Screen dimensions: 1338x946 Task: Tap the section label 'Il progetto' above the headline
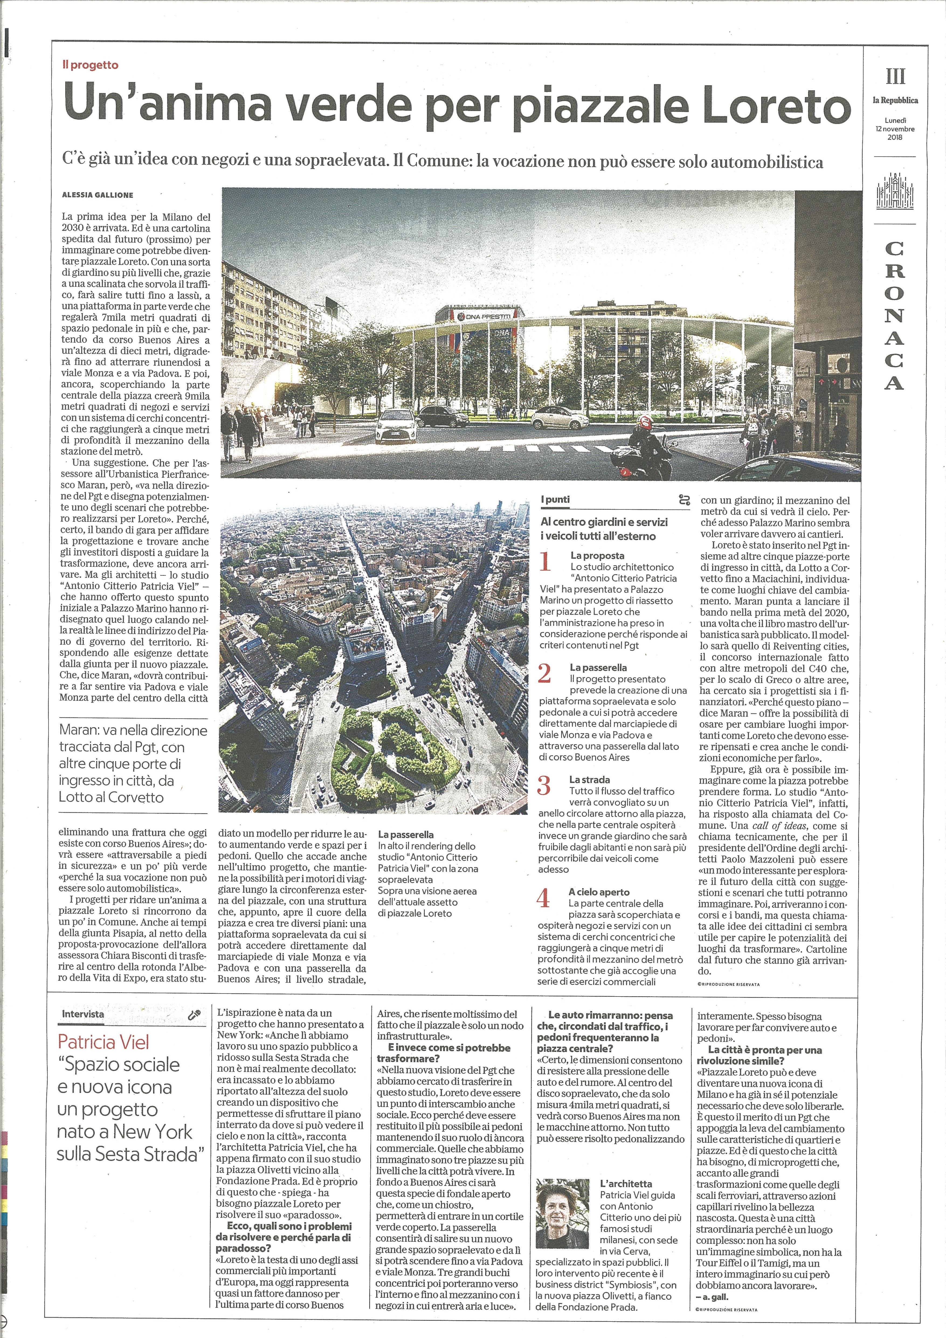[x=90, y=65]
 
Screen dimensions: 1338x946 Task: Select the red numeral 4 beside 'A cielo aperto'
[x=543, y=898]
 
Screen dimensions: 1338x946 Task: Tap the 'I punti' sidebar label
[x=555, y=499]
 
